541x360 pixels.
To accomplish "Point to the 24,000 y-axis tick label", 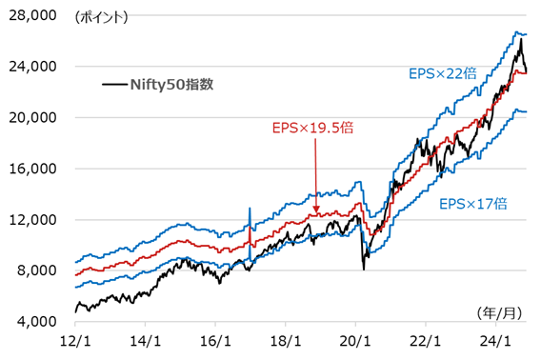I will click(33, 67).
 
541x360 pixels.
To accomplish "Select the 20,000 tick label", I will click(33, 118).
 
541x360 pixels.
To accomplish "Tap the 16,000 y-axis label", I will click(33, 169).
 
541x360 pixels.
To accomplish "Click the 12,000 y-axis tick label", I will click(33, 220).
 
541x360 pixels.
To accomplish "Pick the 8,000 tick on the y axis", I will click(36, 270).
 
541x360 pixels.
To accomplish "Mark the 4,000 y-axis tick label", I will click(36, 322).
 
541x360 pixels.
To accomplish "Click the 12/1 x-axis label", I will click(75, 340).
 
